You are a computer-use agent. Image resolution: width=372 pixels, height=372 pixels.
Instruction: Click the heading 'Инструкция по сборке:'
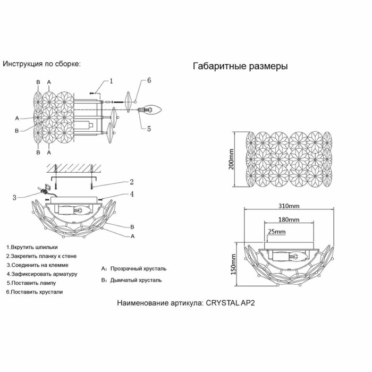[42, 64]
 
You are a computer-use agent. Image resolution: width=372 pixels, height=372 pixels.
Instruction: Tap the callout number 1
[111, 81]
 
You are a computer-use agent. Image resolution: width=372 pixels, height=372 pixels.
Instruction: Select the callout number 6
[149, 80]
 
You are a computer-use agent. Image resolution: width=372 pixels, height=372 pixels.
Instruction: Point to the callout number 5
[149, 128]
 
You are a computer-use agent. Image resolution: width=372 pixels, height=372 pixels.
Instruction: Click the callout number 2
[131, 182]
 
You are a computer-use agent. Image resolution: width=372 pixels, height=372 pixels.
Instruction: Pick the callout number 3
[14, 198]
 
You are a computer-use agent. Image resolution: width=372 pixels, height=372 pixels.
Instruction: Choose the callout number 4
[131, 194]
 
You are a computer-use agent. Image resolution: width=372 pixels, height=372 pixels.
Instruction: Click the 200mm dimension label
[231, 159]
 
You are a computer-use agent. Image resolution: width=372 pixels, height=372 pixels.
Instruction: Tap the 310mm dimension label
[289, 206]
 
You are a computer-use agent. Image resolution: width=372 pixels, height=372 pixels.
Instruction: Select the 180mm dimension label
[289, 219]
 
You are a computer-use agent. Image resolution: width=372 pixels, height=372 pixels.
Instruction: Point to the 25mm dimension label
[276, 232]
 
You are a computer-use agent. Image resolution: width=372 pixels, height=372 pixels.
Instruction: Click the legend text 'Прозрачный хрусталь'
[138, 268]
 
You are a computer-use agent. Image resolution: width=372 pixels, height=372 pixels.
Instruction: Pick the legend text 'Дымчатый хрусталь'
[136, 280]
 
